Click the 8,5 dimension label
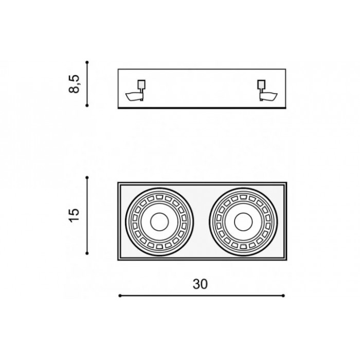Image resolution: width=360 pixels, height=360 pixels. (74, 83)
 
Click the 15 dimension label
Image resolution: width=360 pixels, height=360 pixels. (74, 215)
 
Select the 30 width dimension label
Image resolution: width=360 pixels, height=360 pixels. (200, 284)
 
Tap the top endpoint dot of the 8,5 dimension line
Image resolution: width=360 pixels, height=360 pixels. (87, 62)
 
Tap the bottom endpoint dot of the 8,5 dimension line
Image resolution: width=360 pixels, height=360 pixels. (87, 105)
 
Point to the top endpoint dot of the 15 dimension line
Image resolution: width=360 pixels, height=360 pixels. (87, 177)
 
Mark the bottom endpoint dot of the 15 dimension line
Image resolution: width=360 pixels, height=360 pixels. (87, 253)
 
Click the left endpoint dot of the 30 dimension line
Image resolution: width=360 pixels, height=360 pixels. (120, 296)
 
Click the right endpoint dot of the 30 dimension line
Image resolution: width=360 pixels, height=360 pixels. (283, 296)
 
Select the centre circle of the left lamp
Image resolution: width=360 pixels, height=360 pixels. (159, 222)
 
